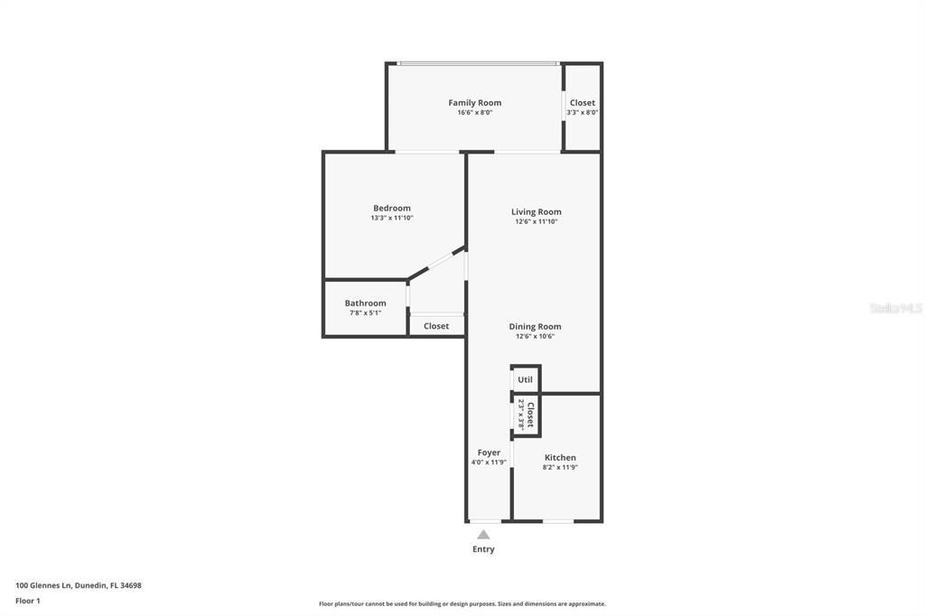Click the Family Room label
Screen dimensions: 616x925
474,103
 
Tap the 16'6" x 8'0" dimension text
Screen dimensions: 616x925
474,113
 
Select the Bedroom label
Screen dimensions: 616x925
392,209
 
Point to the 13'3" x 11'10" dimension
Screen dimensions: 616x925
392,218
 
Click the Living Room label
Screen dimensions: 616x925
537,212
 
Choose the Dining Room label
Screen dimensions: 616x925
535,327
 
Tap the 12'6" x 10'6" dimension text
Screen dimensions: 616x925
535,336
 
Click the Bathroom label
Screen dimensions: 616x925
365,303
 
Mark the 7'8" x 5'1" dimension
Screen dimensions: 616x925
365,313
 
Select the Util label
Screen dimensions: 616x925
525,379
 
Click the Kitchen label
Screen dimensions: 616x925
560,458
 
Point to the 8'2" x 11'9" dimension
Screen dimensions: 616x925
560,467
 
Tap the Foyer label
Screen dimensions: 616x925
489,453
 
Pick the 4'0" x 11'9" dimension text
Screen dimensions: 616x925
489,462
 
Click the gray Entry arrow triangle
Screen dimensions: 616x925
483,535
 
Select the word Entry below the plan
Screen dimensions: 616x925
483,549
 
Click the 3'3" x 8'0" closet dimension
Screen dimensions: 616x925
583,113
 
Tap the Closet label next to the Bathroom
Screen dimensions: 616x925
436,326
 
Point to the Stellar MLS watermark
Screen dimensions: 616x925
896,308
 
